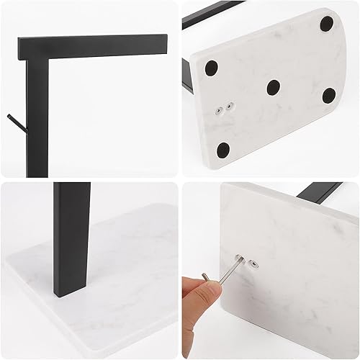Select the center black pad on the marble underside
[x=274, y=87]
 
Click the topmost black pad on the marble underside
[x=327, y=23]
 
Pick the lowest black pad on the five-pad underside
[x=223, y=150]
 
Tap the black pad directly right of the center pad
[x=328, y=94]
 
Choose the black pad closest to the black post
[x=211, y=68]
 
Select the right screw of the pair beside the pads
[x=231, y=106]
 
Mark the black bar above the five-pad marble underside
[x=209, y=14]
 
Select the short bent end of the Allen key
[x=205, y=279]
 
